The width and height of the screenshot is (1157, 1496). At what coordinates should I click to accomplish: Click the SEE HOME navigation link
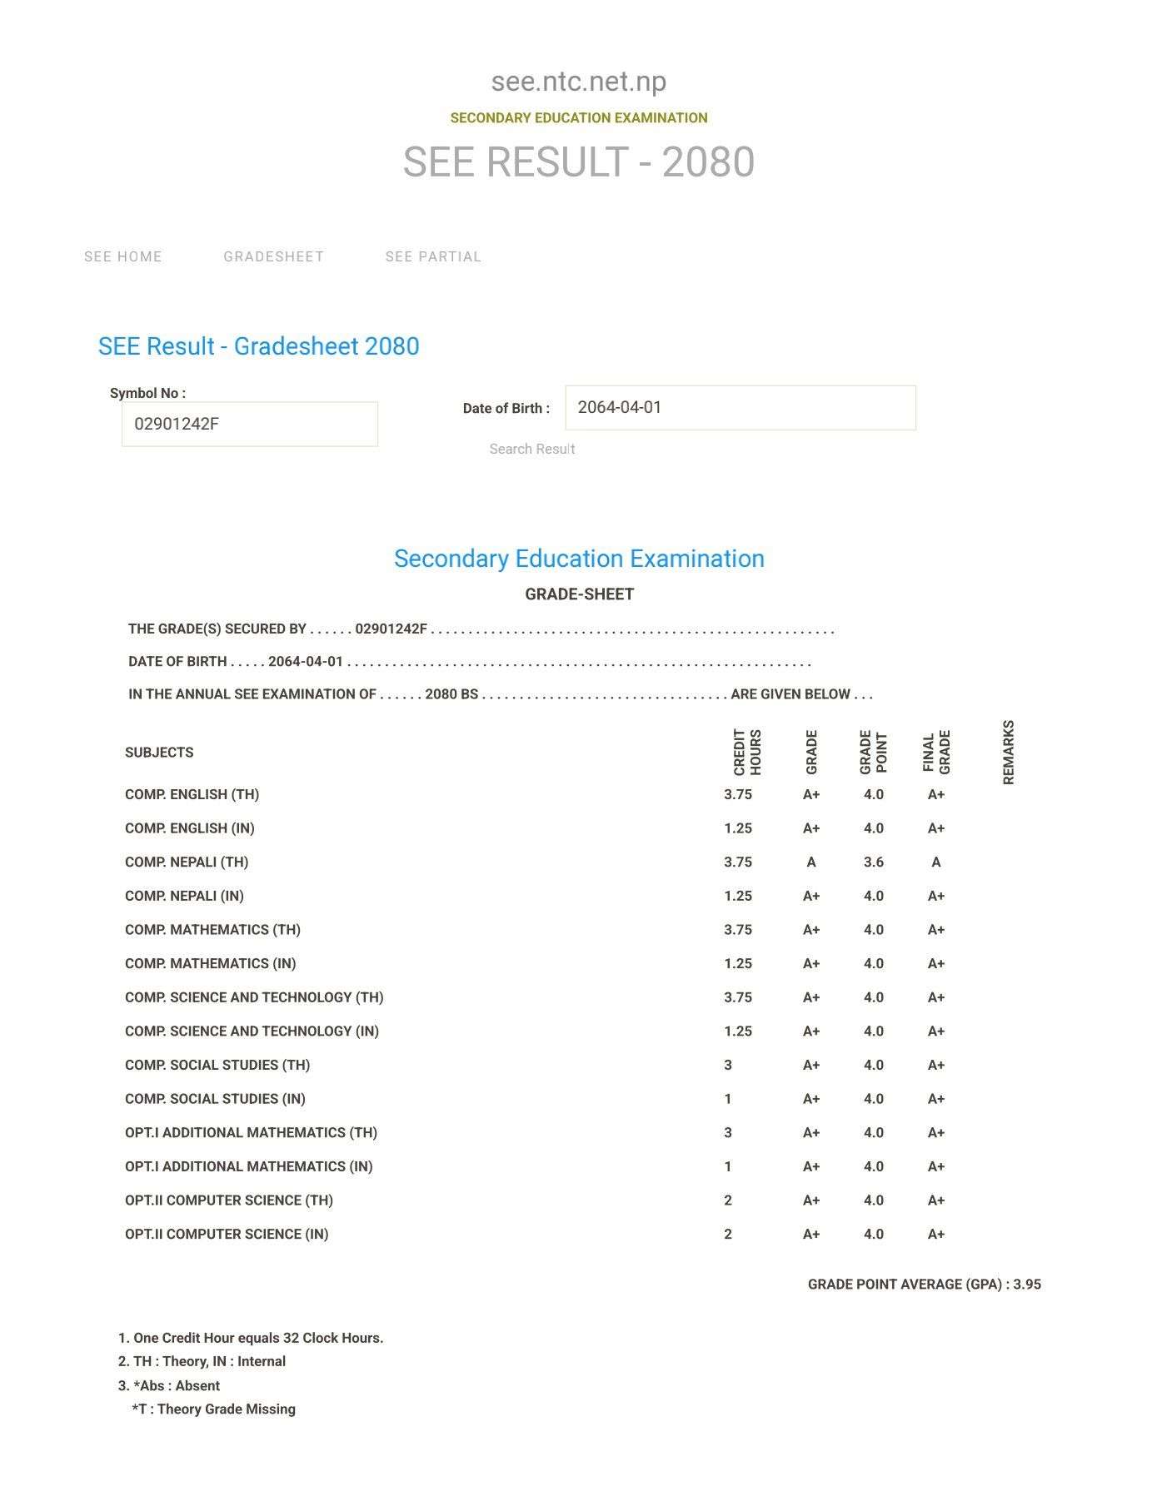point(123,256)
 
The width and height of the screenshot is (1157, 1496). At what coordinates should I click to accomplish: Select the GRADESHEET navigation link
point(273,256)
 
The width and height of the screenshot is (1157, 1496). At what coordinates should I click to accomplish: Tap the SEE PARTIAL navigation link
point(433,256)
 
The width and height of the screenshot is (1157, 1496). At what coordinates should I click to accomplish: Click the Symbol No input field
point(249,424)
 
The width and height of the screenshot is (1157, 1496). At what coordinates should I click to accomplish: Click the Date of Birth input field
point(740,408)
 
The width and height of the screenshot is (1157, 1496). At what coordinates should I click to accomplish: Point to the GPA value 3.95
point(1027,1284)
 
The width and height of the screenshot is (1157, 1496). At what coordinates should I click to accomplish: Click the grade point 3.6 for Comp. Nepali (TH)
point(873,862)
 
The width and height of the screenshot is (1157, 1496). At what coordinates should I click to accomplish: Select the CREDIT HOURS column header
point(747,752)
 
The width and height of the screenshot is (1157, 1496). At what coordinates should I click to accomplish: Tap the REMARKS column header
point(1008,752)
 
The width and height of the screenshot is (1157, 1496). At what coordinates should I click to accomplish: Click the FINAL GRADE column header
point(936,752)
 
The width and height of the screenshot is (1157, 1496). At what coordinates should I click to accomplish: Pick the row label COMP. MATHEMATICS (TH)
point(212,929)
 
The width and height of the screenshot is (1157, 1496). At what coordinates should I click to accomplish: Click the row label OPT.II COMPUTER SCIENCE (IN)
point(227,1234)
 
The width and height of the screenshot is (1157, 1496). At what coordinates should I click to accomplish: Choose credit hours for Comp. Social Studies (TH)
point(728,1065)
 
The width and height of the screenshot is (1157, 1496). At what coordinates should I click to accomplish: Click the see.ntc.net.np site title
point(578,82)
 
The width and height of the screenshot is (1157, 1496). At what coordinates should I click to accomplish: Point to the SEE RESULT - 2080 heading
point(578,162)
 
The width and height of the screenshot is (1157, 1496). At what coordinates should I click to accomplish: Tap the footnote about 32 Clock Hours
point(251,1338)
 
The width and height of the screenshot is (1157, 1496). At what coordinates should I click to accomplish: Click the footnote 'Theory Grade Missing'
point(213,1409)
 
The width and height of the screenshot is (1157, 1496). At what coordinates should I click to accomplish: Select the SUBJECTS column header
point(159,752)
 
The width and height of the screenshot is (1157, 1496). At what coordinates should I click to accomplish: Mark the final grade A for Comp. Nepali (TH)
point(935,862)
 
